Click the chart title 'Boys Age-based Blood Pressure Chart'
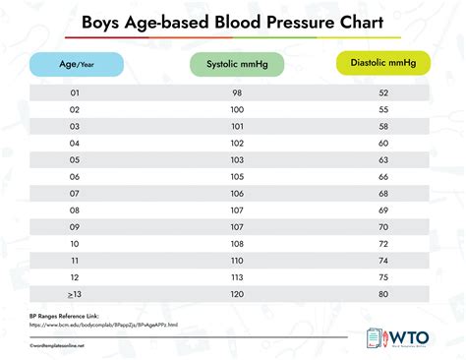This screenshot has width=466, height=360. pos(233,21)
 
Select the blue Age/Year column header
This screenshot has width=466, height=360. pos(76,64)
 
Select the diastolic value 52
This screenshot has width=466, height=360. pos(384,91)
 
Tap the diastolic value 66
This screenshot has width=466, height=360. pos(384,176)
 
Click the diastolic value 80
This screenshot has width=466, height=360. pos(384,294)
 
